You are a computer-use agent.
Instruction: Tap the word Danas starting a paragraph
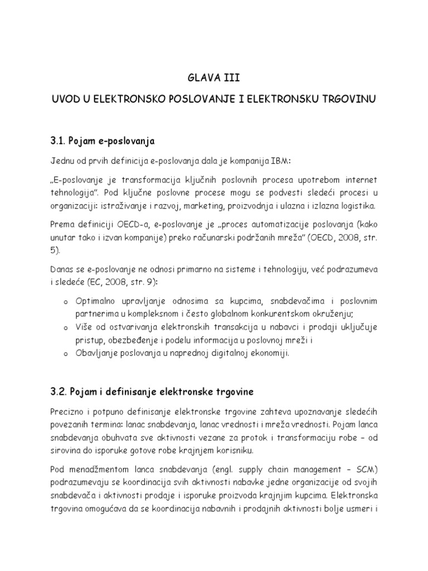[x=62, y=269]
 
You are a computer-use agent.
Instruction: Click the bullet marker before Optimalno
[x=66, y=302]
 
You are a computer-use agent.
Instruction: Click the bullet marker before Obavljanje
[x=66, y=354]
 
